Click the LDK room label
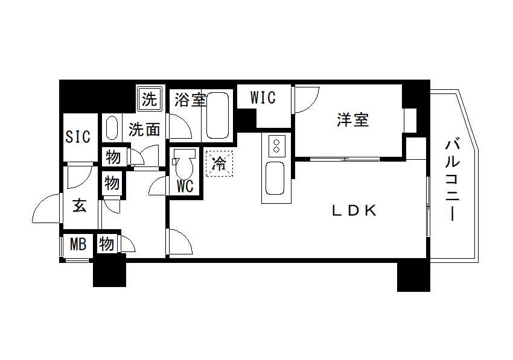coord(354,210)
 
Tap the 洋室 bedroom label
coord(352,119)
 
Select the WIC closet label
coord(263,98)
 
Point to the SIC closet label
coord(77,137)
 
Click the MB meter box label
coord(78,244)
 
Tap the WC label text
coord(185,186)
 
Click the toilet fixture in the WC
coord(184,162)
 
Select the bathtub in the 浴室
coord(217,115)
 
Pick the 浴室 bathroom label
coord(190,99)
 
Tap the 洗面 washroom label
coord(144,130)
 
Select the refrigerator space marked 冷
coord(219,163)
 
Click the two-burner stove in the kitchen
coord(276,146)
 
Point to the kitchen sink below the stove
coord(275,178)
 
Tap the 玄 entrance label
coord(80,206)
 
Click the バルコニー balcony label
coord(453,180)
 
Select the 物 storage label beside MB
coord(107,244)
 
